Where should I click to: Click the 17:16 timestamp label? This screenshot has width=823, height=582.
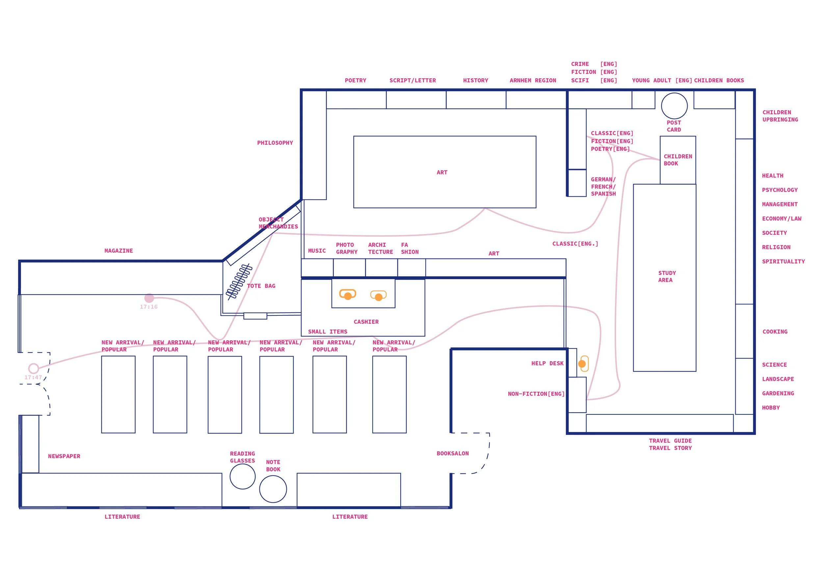(148, 307)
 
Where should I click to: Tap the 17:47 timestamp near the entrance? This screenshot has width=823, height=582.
(33, 377)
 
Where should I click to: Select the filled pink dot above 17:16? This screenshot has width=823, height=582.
(149, 298)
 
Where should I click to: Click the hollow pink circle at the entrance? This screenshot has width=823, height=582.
(34, 368)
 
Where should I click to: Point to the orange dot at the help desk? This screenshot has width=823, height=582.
(582, 364)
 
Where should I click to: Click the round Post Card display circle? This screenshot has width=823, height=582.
(674, 106)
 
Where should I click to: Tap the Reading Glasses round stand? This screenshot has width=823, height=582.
(243, 477)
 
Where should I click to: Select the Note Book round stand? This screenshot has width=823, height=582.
(273, 489)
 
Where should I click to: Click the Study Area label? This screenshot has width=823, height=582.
(667, 276)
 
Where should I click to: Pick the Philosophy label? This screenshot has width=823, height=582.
(275, 143)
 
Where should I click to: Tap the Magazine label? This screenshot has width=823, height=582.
(119, 251)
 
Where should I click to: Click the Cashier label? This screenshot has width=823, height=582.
(366, 322)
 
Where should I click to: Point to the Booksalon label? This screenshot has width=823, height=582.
(453, 453)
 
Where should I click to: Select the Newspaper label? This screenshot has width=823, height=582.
(64, 456)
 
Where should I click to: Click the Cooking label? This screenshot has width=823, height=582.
(775, 331)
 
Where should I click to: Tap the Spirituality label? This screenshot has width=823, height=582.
(783, 261)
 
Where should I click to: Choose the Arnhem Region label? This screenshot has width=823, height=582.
(533, 80)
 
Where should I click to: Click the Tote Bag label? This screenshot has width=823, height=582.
(261, 286)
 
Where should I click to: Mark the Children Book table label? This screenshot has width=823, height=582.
(678, 160)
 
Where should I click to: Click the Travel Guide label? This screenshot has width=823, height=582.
(670, 441)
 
